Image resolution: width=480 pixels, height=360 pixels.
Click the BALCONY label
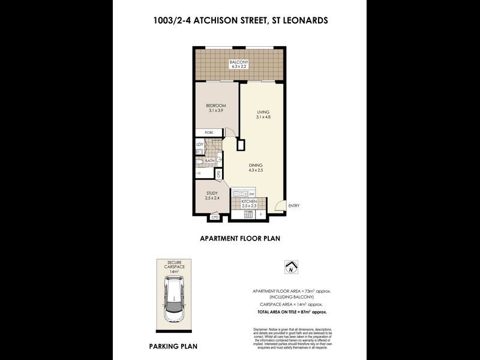(x=239, y=62)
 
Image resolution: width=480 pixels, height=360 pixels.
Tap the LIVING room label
(x=263, y=112)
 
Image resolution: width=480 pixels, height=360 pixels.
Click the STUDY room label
(x=211, y=193)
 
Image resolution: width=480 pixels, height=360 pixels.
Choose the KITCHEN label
(x=249, y=203)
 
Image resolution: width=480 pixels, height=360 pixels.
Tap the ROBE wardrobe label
(x=209, y=132)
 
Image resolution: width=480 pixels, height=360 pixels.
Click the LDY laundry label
(x=200, y=145)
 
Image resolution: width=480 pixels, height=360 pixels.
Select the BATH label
(x=209, y=160)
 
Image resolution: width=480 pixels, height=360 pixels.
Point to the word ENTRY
(x=293, y=206)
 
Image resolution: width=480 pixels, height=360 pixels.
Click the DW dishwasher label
(x=252, y=194)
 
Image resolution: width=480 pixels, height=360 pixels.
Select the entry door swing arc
(x=277, y=205)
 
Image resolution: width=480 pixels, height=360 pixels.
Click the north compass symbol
(x=291, y=268)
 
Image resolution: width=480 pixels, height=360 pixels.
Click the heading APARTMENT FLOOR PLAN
(x=240, y=238)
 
